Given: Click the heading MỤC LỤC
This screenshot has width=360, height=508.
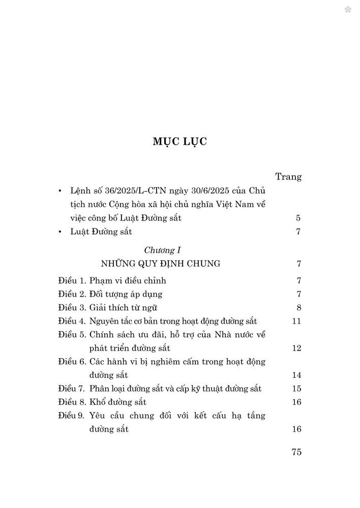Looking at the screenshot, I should click(x=179, y=141).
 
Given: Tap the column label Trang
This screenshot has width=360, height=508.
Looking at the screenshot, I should click(x=288, y=177).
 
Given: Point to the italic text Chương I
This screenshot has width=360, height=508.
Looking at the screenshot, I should click(x=163, y=250).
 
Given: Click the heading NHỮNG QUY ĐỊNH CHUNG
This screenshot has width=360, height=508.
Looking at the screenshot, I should click(x=160, y=264).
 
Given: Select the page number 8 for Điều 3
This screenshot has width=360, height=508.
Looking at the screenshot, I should click(x=299, y=307).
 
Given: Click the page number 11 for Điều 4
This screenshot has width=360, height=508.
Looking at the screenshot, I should click(x=297, y=321).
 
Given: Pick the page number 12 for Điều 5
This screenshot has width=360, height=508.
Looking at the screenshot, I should click(x=297, y=348).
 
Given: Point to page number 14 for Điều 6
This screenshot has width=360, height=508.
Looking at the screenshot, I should click(x=297, y=375).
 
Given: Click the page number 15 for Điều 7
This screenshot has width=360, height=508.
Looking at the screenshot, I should click(x=297, y=389).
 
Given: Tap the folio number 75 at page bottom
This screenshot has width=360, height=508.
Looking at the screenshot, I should click(x=297, y=452).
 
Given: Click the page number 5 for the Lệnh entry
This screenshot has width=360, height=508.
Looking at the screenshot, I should click(x=299, y=218).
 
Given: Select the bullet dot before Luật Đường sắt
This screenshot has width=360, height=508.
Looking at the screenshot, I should click(x=61, y=233).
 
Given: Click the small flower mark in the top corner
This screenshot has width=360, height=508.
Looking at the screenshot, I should click(x=348, y=10).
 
